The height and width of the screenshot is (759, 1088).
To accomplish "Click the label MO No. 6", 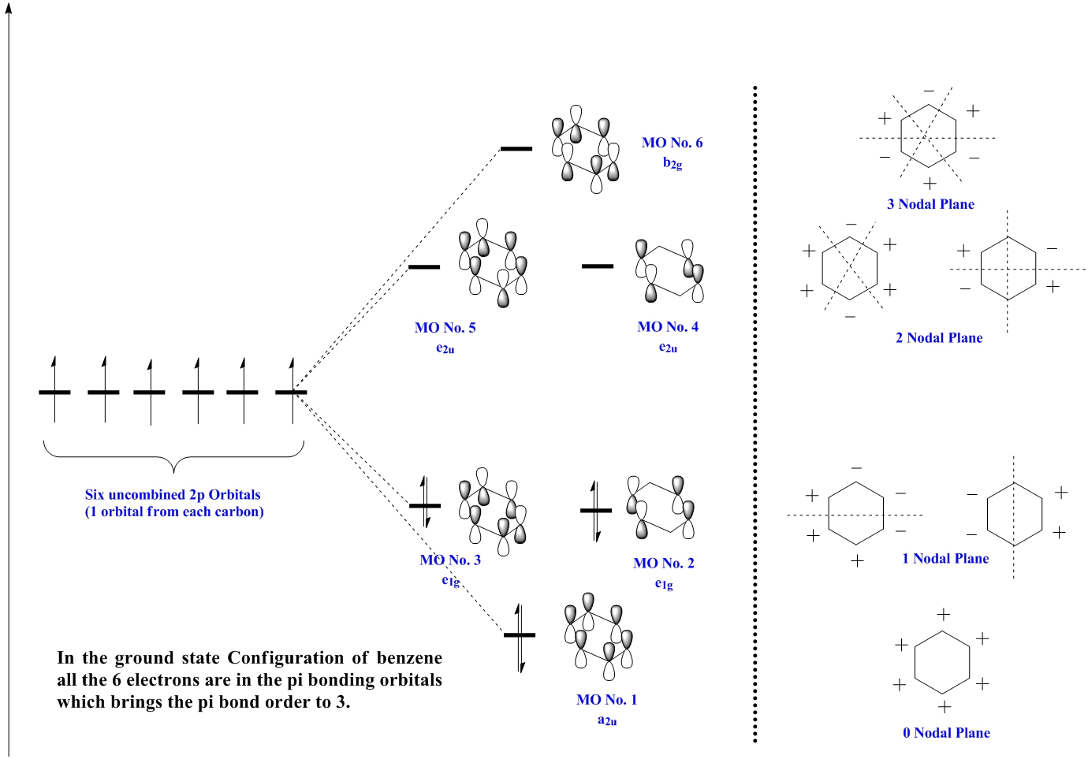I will point(672,143).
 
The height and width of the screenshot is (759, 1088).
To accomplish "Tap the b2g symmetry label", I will point(673,163).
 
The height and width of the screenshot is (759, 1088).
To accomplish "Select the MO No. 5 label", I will point(445,328).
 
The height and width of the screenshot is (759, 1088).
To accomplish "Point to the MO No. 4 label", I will point(668,327).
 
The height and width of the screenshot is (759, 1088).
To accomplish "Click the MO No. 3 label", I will point(450,560).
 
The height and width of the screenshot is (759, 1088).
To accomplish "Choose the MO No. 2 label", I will point(664,564).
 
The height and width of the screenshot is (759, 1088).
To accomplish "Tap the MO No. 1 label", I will point(607,700).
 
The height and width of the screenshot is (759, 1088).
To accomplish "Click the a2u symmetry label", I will point(607,720).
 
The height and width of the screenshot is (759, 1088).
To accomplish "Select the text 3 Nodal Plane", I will point(930,204).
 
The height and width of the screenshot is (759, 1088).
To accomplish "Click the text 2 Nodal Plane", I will point(939,338).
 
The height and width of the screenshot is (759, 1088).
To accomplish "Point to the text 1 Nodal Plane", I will point(945,559).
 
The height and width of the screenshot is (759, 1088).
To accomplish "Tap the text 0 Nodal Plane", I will point(946,733).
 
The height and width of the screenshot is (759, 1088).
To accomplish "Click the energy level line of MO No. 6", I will point(516,148).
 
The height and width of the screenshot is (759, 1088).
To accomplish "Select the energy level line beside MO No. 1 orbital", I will point(520,634).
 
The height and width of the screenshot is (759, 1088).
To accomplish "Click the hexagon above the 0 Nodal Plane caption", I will point(942,662).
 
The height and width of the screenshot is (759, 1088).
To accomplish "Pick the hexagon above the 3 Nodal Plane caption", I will point(929,136).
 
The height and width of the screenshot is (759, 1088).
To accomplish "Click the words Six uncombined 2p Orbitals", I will point(173,495).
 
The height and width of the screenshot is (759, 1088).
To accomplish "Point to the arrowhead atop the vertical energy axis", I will point(9,8).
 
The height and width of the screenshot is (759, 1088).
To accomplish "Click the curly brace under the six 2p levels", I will point(173,457).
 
